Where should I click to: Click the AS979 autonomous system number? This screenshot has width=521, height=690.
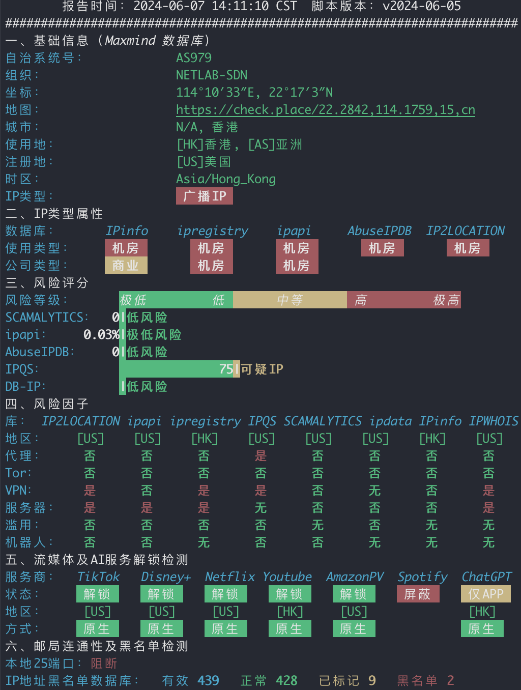193,58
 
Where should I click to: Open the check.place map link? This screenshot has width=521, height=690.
326,110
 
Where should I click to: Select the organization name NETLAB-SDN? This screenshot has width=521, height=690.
212,75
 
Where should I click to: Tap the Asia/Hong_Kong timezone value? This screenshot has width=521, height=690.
225,179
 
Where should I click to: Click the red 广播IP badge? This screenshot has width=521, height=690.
204,196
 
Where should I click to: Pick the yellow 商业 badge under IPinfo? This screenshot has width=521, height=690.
126,265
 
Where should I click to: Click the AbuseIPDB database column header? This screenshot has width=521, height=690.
379,231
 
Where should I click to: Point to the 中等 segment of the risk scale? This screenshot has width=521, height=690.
290,300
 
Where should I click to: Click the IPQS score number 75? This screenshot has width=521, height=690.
226,369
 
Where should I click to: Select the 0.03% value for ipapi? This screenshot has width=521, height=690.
101,334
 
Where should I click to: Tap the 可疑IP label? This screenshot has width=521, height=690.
262,369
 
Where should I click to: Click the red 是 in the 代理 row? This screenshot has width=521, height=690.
261,456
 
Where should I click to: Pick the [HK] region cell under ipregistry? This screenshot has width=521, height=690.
204,439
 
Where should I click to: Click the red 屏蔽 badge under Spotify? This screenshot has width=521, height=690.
418,594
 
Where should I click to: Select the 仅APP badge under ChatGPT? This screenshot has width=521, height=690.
486,594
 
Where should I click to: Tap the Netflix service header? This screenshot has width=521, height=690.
229,577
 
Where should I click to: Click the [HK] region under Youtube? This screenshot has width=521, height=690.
290,612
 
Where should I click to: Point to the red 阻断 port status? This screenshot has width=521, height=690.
104,664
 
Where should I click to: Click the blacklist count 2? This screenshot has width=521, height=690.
451,680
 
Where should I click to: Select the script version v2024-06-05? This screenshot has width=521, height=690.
422,6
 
